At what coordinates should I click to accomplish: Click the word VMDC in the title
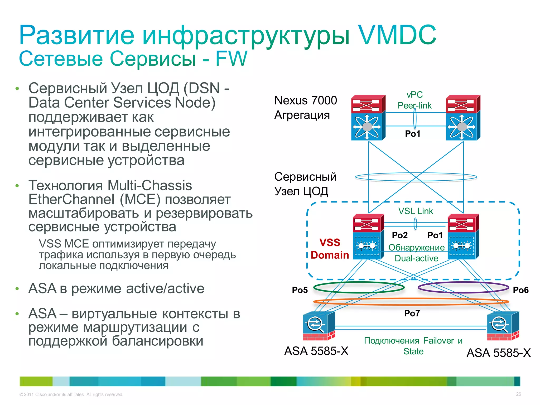click(x=397, y=35)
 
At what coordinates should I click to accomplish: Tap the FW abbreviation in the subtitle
click(x=231, y=59)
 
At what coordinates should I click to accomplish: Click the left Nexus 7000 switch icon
click(x=368, y=118)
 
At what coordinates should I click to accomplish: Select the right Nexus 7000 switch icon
click(x=463, y=118)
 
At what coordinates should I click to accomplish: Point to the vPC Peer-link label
click(x=414, y=100)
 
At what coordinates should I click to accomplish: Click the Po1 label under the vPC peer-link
click(x=413, y=134)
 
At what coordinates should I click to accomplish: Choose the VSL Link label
click(x=416, y=211)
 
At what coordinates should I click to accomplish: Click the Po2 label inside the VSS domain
click(x=400, y=235)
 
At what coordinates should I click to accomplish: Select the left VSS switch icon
click(x=368, y=237)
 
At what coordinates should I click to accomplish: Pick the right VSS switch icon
click(x=463, y=237)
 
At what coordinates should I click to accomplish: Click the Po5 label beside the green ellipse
click(x=300, y=290)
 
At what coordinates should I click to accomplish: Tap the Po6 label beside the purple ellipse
click(x=520, y=290)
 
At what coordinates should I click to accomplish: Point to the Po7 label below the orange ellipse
click(x=412, y=313)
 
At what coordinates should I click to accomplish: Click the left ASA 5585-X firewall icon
click(x=319, y=326)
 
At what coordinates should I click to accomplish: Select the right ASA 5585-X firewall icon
click(x=503, y=326)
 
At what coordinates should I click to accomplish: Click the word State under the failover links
click(x=413, y=351)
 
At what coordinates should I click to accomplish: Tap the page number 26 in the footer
click(x=518, y=394)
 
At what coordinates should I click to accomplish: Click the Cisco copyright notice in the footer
click(x=71, y=394)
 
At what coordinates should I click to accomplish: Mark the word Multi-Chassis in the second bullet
click(x=150, y=185)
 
